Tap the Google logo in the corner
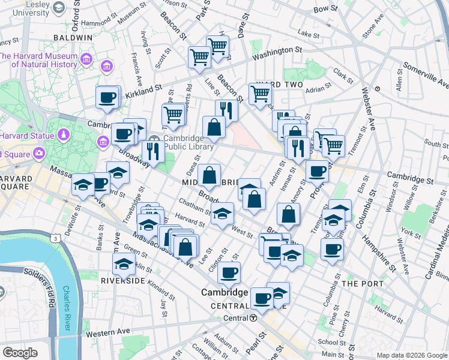coord(20,353)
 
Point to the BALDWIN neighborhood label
coord(71,37)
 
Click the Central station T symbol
coord(254,318)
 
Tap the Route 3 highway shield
coord(55,238)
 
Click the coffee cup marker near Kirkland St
coord(107,97)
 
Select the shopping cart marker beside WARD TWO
coord(260,94)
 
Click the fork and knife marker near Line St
coord(226,110)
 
